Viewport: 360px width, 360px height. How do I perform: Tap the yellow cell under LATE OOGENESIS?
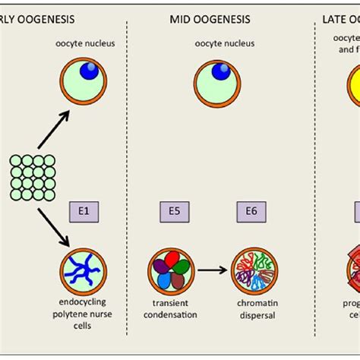(350, 84)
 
